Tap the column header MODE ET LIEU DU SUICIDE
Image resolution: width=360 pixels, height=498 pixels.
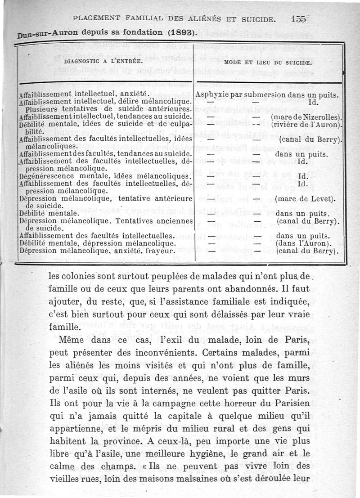pos(269,63)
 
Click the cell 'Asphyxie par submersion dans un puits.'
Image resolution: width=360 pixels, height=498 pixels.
pos(267,95)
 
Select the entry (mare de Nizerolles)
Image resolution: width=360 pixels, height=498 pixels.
pos(308,116)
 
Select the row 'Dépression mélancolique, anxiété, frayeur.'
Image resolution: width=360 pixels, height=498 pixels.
pos(97,251)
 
